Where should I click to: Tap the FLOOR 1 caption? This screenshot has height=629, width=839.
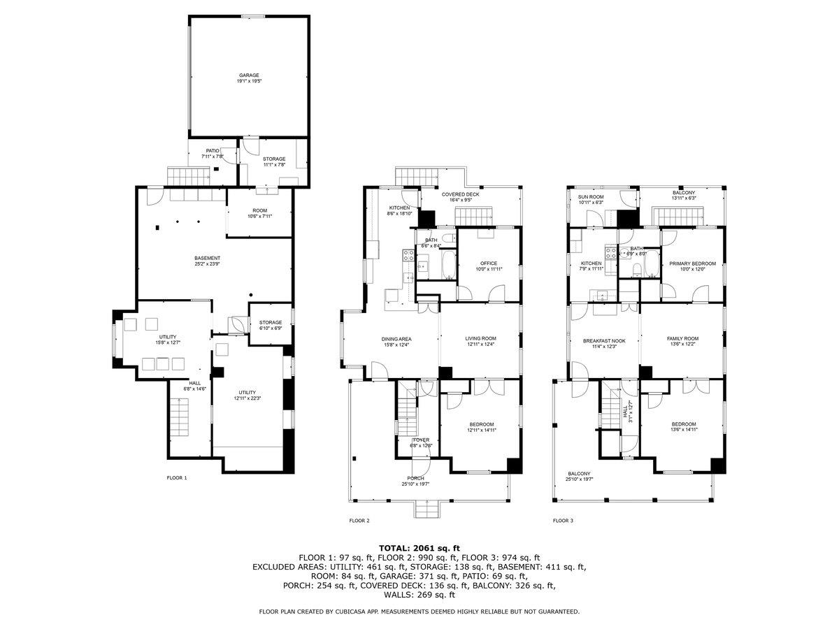point(177,478)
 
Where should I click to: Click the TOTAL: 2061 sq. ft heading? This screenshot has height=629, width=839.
point(419,548)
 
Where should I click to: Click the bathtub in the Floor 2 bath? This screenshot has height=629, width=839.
point(448,266)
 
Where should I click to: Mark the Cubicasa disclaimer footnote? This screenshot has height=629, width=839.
point(419,612)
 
